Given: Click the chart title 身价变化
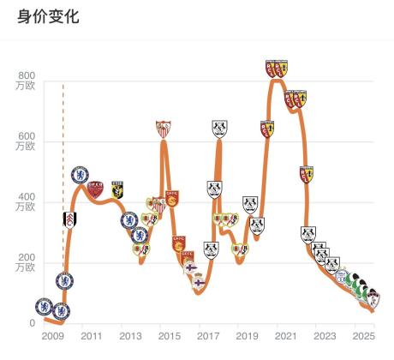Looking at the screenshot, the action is pyautogui.click(x=48, y=16).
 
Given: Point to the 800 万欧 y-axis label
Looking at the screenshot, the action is pyautogui.click(x=26, y=81).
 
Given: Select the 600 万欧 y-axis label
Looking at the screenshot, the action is pyautogui.click(x=26, y=141).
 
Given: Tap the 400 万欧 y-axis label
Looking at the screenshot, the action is pyautogui.click(x=26, y=201).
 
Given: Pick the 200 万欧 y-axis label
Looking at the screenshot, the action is pyautogui.click(x=26, y=262).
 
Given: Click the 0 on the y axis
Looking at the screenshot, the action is pyautogui.click(x=33, y=323).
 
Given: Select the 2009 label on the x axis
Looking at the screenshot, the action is pyautogui.click(x=53, y=336).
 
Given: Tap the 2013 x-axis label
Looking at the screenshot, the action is pyautogui.click(x=130, y=336).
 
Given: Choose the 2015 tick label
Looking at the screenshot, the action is pyautogui.click(x=170, y=336).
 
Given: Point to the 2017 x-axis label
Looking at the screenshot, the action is pyautogui.click(x=208, y=336).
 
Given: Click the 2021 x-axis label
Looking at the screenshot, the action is pyautogui.click(x=286, y=336).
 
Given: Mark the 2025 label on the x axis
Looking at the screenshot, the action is pyautogui.click(x=363, y=336).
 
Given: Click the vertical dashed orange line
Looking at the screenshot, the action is pyautogui.click(x=63, y=177).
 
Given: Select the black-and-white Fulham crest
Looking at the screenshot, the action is pyautogui.click(x=69, y=220).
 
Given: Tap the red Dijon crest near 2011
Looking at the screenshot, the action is pyautogui.click(x=95, y=189).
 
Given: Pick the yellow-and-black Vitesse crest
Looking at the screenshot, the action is pyautogui.click(x=117, y=189).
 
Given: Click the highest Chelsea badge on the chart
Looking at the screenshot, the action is pyautogui.click(x=80, y=175).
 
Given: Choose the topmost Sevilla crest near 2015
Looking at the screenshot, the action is pyautogui.click(x=164, y=129).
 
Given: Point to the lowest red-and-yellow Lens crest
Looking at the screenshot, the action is pyautogui.click(x=307, y=175).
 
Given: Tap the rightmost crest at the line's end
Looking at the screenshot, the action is pyautogui.click(x=373, y=298).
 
